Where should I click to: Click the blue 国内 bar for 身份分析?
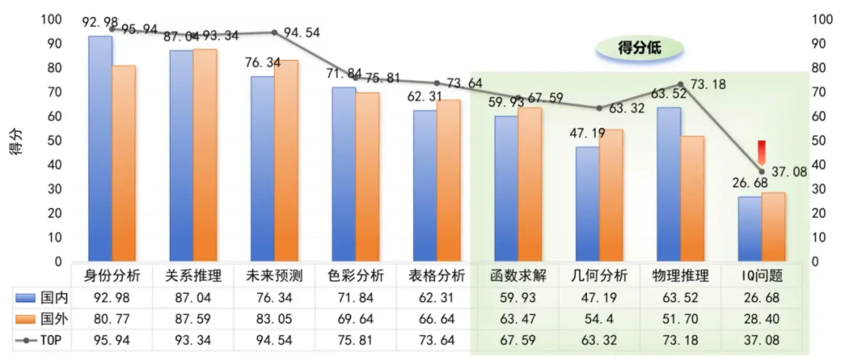click(100, 149)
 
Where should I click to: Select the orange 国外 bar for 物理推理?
click(692, 198)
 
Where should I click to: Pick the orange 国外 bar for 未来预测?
click(286, 161)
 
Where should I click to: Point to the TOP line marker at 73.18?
click(681, 85)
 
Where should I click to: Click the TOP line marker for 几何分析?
click(599, 109)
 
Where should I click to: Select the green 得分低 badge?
click(640, 48)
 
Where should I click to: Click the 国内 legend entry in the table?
click(42, 298)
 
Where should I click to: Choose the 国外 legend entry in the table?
click(42, 319)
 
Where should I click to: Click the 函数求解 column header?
click(518, 275)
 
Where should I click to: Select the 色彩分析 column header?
click(356, 275)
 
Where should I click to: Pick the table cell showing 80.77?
click(112, 319)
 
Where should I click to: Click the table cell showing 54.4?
click(599, 319)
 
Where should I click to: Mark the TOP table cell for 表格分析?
click(437, 341)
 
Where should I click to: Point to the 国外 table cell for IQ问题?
click(762, 319)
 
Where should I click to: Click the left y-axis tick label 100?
click(51, 20)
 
